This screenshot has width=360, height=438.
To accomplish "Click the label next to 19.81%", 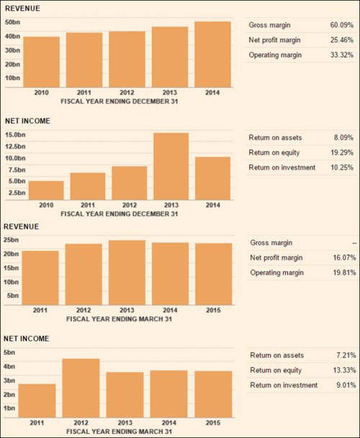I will [276, 272].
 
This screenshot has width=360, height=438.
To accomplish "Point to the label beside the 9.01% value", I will [284, 385].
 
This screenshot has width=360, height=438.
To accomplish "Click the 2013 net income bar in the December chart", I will [171, 165].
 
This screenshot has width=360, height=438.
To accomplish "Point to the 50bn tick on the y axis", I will [12, 22].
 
